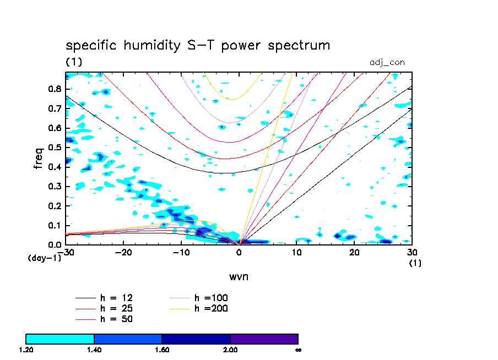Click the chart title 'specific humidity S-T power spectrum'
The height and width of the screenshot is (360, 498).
198,45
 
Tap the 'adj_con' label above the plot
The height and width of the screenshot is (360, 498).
387,62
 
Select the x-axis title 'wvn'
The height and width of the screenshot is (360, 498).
239,276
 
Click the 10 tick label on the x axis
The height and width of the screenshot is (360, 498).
297,252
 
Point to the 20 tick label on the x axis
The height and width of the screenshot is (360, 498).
355,252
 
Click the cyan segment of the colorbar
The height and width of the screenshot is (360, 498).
60,339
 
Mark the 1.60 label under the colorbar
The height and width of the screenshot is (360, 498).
162,350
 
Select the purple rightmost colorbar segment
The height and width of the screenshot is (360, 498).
264,339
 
